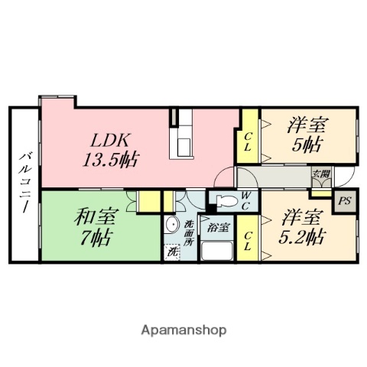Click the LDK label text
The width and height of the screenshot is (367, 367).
coord(112,141)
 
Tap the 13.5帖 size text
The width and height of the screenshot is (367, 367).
coord(111,160)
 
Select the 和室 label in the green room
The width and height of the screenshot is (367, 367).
coord(90,217)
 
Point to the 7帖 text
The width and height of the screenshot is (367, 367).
coord(91,237)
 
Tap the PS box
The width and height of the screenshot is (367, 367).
coord(343,203)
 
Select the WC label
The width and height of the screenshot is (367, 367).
coord(247,200)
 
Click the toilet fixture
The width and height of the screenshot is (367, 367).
coord(224,202)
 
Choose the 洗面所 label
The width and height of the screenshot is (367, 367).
coord(190,232)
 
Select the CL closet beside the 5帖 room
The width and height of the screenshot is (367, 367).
coord(248,142)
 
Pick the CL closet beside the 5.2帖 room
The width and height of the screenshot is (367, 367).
coord(248,242)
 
